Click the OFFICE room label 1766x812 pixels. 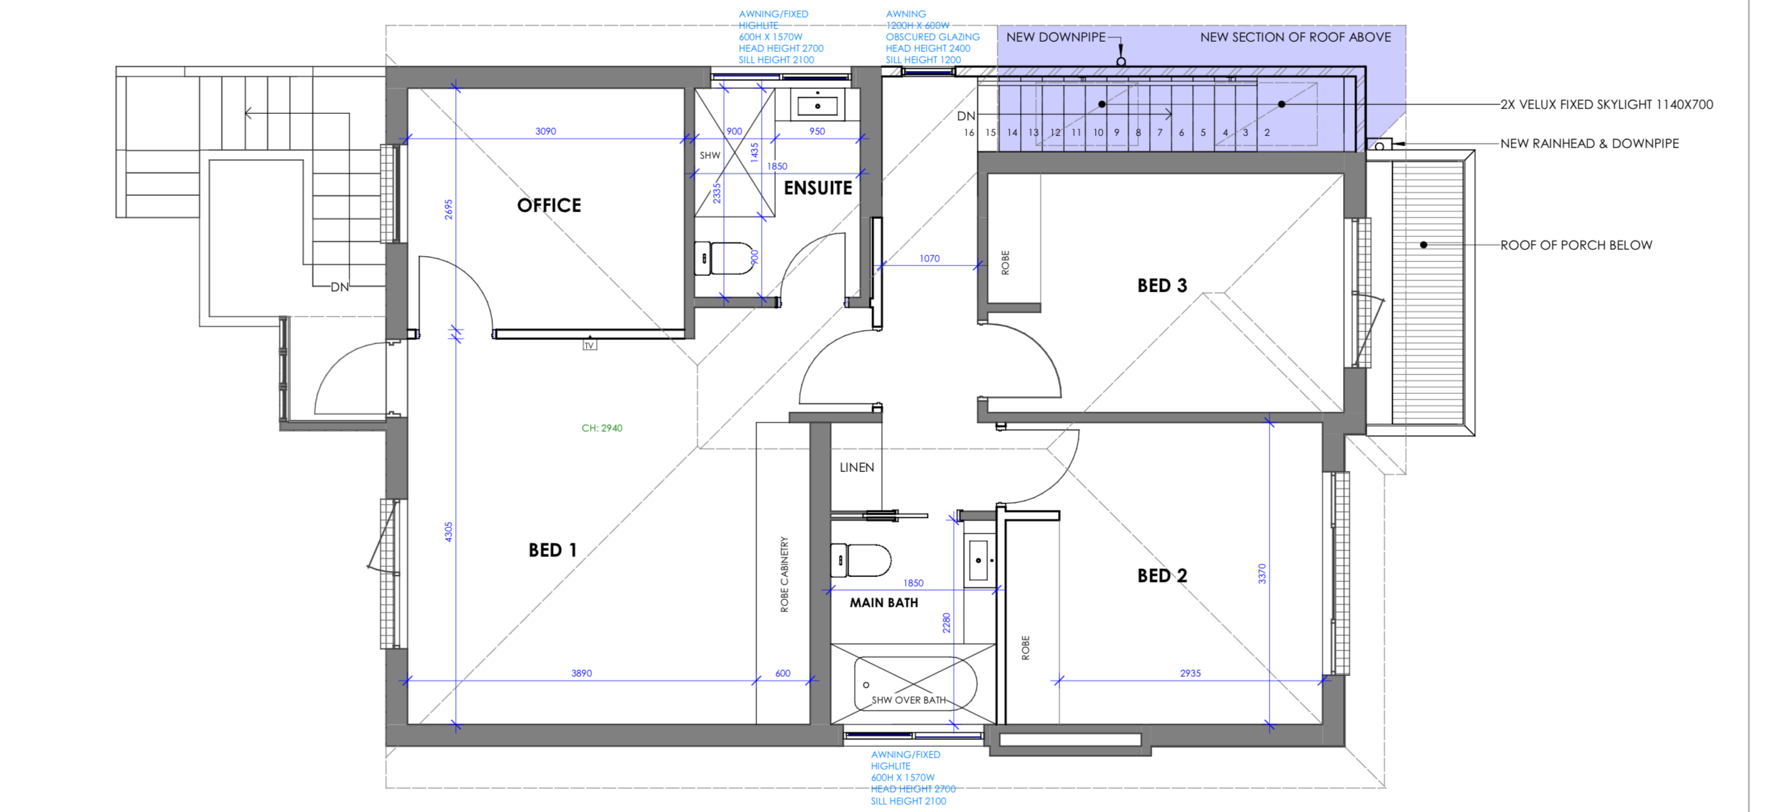(x=549, y=205)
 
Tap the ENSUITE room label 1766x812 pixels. (x=818, y=188)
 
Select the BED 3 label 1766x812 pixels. (x=1162, y=285)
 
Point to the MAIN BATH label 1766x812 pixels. (x=884, y=603)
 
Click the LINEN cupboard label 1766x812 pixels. (x=857, y=467)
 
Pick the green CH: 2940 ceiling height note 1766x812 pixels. (x=602, y=428)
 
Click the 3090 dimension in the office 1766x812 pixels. (x=546, y=131)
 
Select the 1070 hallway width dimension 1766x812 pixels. (x=929, y=259)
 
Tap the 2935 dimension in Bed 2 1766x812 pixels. (x=1190, y=673)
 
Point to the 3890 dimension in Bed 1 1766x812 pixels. (x=581, y=673)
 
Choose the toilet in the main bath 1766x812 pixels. (x=860, y=560)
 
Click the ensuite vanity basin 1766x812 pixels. (x=817, y=105)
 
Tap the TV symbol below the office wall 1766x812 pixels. (x=589, y=345)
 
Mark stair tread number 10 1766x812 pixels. (x=1098, y=132)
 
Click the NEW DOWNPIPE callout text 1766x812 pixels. (x=1056, y=37)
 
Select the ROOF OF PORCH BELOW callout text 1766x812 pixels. (x=1576, y=245)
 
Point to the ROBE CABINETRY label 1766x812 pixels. (x=784, y=574)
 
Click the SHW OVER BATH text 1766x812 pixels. (x=909, y=700)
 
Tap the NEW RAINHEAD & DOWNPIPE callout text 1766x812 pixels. (x=1589, y=143)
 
